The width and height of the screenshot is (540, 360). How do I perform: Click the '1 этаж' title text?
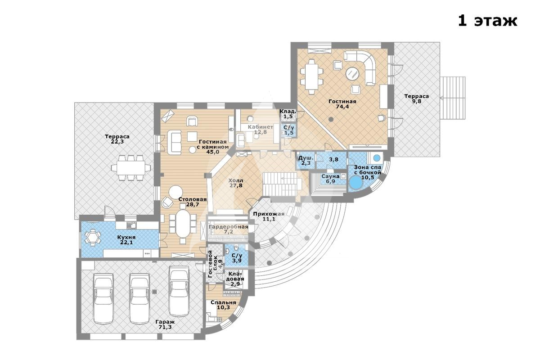point(487,21)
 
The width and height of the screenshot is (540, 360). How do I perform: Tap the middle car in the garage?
point(140,298)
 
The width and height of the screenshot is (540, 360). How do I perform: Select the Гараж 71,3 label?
point(165,324)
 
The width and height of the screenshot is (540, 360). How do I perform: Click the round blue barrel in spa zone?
point(356,183)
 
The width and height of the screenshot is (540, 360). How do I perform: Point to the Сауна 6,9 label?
point(330,179)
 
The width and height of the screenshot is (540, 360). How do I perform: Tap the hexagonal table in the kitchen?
point(92,237)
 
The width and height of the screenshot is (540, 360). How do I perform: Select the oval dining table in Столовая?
point(183,224)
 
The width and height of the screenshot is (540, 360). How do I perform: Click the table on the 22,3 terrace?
point(131,167)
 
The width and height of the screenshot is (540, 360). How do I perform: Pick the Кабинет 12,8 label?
point(261,129)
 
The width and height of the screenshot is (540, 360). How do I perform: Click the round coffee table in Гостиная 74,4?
point(353,73)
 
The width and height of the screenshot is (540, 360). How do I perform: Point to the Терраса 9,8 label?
point(417,99)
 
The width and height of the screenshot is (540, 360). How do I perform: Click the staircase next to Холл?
point(282,184)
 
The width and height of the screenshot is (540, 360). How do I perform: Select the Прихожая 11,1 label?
point(269,216)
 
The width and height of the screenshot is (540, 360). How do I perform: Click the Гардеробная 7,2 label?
point(228,229)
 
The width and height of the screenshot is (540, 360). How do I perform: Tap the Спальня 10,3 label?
point(223,305)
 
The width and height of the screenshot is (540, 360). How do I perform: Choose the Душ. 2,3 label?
point(306,160)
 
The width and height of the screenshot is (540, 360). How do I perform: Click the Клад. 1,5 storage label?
point(288,114)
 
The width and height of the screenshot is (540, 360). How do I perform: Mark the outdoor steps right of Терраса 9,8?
point(453,98)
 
